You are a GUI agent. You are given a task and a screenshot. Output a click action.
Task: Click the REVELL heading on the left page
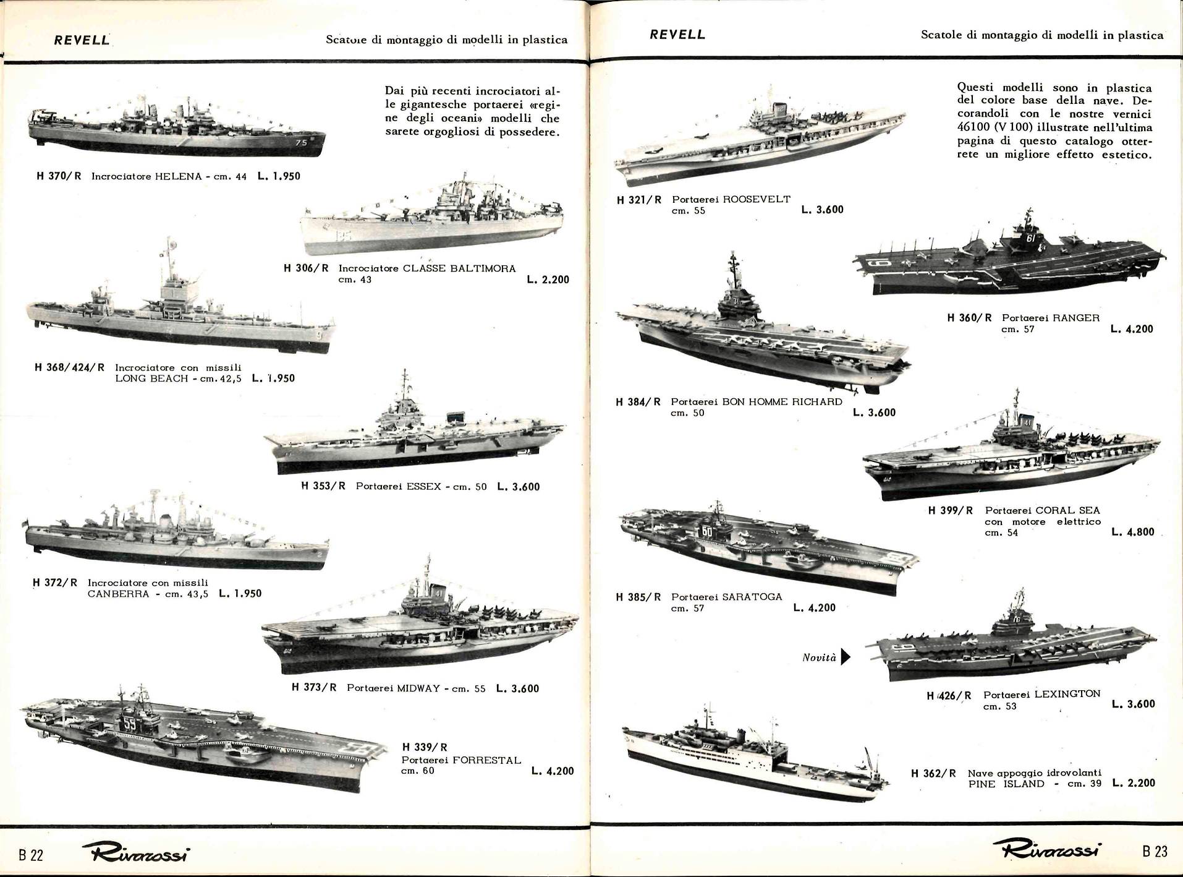(x=82, y=40)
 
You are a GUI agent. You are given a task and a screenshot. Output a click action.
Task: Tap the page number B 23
(x=1155, y=851)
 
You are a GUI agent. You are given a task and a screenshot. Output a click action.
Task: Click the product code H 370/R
(x=59, y=176)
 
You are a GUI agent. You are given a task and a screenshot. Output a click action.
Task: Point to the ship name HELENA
(x=179, y=176)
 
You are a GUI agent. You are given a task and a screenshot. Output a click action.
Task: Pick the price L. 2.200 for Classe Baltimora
(x=548, y=280)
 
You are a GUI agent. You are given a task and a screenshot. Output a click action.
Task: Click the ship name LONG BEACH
(x=151, y=378)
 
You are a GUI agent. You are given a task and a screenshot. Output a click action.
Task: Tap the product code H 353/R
(x=323, y=486)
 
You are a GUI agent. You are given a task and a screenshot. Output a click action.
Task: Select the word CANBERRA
(x=119, y=594)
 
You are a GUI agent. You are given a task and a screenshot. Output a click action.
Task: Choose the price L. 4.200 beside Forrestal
(x=553, y=771)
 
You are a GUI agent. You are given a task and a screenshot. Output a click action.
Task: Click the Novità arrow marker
(x=846, y=657)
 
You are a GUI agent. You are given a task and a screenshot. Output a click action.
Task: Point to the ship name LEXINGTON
(x=1067, y=694)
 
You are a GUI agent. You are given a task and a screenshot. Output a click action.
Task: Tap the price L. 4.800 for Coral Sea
(x=1132, y=532)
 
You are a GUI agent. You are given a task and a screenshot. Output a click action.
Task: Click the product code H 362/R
(x=933, y=773)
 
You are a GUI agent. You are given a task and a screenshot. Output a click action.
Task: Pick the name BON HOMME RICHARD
(x=782, y=401)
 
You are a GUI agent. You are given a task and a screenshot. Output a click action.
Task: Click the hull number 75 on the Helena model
(x=301, y=143)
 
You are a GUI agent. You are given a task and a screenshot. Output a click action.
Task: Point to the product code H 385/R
(x=638, y=597)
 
